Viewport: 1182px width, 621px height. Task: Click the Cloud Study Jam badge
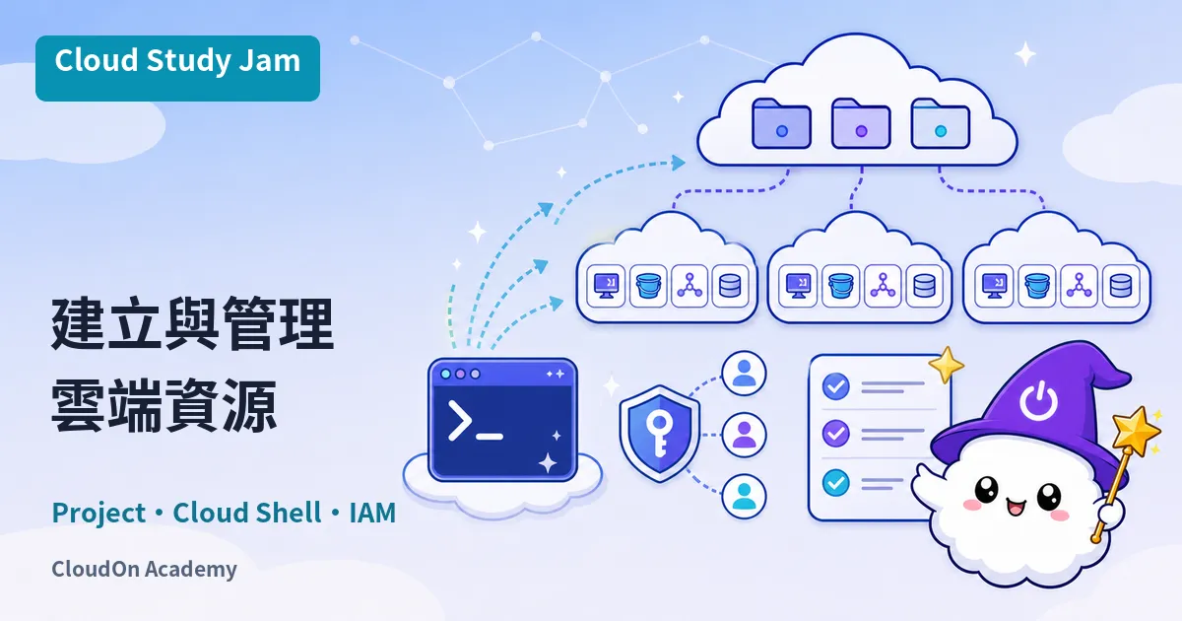(178, 68)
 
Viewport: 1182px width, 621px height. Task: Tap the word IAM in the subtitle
(372, 513)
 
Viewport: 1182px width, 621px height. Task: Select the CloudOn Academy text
(144, 570)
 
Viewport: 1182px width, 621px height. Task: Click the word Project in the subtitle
(98, 514)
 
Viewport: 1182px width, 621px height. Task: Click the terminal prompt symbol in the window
(460, 420)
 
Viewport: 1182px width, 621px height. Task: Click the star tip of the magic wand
(1136, 432)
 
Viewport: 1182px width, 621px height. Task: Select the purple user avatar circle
(744, 435)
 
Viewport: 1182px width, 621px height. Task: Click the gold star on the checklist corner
(947, 364)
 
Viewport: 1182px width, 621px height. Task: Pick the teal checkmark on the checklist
(836, 483)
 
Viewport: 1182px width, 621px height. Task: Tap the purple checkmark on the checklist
(836, 434)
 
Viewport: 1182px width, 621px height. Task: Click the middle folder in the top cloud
(861, 123)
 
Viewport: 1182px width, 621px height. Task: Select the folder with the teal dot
(941, 123)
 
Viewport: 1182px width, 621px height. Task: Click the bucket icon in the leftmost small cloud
(648, 286)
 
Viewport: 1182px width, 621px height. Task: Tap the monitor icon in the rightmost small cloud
(994, 286)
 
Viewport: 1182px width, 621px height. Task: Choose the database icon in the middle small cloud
(924, 286)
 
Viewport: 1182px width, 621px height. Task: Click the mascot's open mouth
(1015, 508)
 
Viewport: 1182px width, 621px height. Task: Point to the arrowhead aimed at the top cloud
(678, 163)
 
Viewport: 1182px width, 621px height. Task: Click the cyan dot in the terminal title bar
(445, 374)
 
